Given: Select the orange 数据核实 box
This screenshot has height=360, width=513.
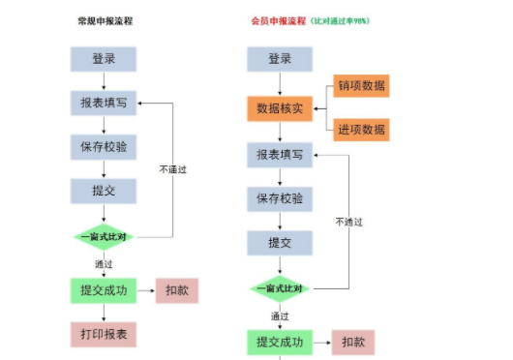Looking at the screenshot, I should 280,108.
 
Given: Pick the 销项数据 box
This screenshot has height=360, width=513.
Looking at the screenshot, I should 362,86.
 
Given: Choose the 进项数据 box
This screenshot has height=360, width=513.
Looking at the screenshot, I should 362,130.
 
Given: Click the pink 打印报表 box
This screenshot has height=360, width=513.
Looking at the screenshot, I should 104,335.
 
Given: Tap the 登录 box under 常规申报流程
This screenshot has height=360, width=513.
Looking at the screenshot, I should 104,58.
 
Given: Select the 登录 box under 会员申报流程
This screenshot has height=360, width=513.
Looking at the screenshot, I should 280,58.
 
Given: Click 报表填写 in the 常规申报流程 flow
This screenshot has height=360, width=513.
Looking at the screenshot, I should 104,103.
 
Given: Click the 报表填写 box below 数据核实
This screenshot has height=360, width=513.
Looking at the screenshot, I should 280,155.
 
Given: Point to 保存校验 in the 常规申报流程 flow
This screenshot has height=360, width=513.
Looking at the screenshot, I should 104,147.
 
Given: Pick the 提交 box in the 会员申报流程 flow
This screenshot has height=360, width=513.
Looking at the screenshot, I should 280,243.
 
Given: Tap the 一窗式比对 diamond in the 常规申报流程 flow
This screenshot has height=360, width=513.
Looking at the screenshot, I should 104,236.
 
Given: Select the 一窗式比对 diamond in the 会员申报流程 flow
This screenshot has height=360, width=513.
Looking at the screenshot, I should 280,288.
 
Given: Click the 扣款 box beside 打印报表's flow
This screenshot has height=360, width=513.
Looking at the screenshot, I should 176,290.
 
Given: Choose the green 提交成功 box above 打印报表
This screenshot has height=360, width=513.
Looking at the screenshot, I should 104,290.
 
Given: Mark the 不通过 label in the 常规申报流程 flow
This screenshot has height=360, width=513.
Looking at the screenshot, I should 173,170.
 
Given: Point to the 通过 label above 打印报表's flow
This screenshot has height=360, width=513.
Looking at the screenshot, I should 104,263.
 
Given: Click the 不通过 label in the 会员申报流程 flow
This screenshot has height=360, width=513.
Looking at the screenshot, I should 348,222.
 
